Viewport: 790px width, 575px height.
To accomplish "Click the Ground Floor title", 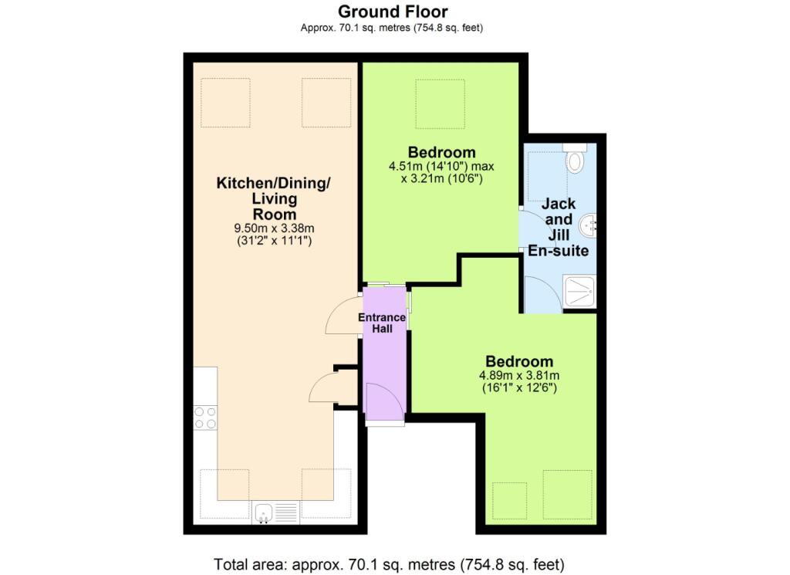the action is pos(393,11).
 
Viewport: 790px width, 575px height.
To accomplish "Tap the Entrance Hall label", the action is pos(382,323).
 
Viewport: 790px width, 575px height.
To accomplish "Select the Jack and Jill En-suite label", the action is pos(559,227).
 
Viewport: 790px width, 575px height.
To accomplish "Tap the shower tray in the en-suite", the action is pos(579,291).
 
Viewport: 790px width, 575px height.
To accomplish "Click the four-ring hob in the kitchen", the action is pos(205,418).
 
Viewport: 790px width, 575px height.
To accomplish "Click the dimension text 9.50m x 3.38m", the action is pos(275,228).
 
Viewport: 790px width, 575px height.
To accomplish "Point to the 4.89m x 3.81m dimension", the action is pos(519,375).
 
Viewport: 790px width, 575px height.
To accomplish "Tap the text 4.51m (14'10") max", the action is pos(441,166).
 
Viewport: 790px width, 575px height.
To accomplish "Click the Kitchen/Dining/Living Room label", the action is pos(274,198).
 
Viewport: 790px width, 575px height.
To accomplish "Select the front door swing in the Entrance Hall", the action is pos(385,401).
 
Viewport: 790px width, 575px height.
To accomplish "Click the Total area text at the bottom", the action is pos(389,564).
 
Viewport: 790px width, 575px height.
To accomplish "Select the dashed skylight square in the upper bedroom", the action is pos(440,103).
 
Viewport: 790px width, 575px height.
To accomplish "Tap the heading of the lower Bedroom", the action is pos(519,361).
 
